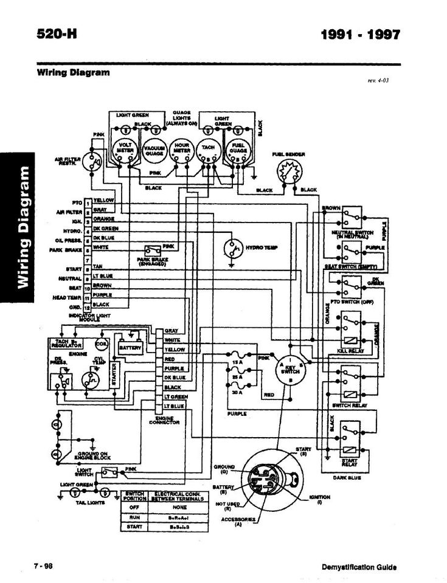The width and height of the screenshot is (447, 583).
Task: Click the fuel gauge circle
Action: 237,150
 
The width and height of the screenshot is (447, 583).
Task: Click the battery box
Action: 130,348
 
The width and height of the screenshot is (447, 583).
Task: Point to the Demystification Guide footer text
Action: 359,567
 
